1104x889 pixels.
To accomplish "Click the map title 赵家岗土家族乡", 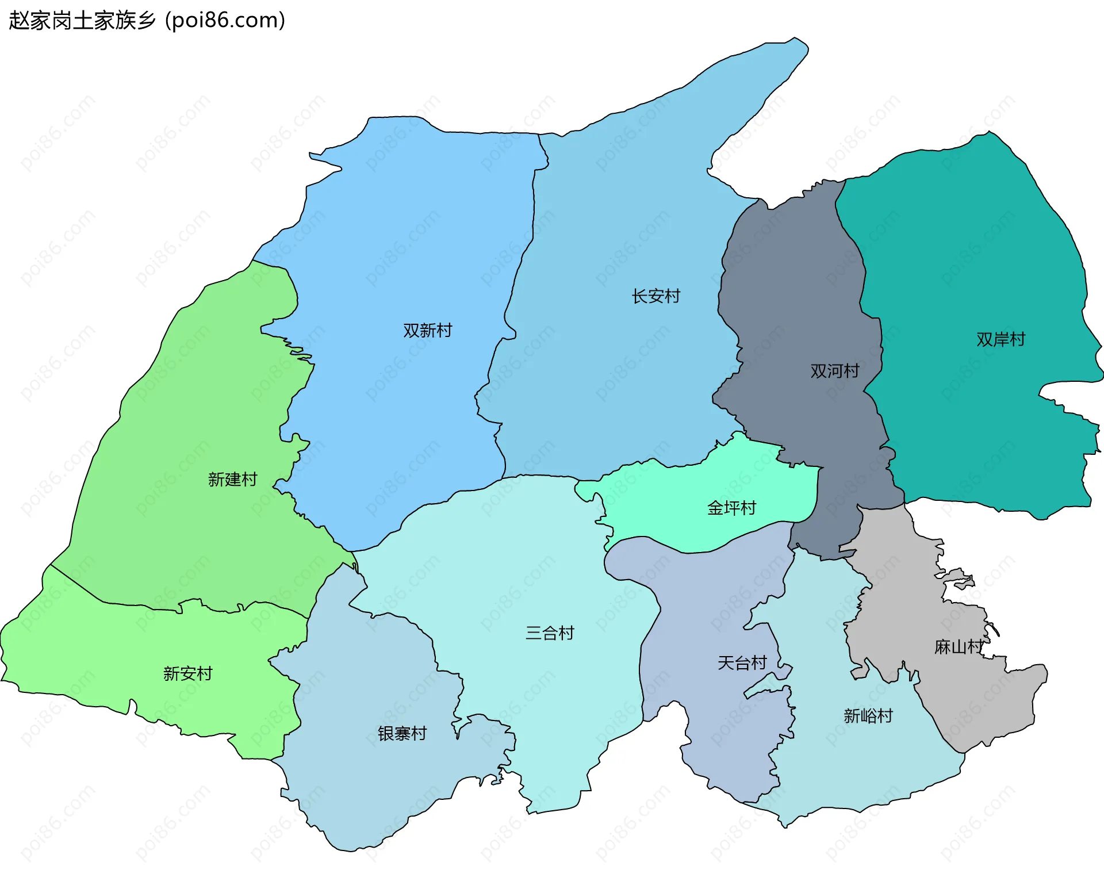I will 82,21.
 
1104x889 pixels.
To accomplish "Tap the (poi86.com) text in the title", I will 225,21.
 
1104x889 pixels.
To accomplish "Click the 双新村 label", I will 427,331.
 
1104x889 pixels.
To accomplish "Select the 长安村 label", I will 655,296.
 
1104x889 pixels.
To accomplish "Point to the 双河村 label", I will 834,371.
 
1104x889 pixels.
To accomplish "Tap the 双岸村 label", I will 1000,339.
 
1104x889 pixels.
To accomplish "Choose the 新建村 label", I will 232,479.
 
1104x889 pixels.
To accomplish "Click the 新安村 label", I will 187,673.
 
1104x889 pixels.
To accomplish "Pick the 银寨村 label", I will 402,733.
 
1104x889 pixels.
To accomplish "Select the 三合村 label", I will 550,633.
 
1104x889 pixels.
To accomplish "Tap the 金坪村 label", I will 731,508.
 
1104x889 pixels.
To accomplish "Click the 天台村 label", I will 742,663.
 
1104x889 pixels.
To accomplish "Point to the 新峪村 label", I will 868,716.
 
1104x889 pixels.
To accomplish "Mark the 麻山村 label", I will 959,647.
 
